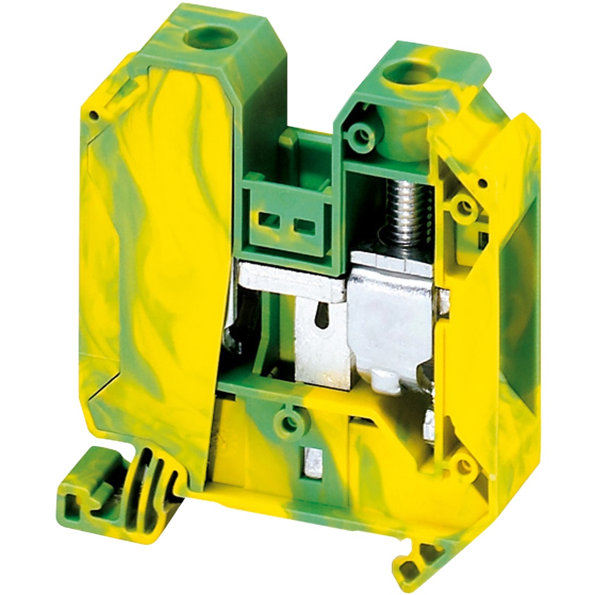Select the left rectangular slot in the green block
tap(267, 219)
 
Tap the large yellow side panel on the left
tap(157, 261)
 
